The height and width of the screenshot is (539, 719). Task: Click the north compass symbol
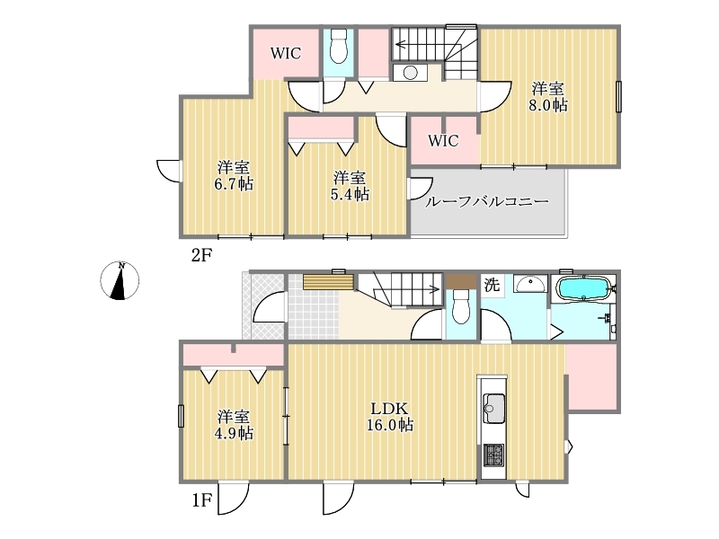point(120,280)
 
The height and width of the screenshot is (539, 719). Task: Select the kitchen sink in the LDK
point(493,408)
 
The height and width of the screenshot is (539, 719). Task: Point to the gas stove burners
point(493,455)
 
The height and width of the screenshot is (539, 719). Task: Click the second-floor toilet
point(339,46)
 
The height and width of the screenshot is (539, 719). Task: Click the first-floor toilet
point(461,306)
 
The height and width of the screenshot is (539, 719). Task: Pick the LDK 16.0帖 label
point(389,417)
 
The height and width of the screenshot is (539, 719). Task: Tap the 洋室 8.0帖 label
point(548,97)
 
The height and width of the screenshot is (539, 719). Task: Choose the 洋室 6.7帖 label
point(234,175)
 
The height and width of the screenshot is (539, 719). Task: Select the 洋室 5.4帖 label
point(350,186)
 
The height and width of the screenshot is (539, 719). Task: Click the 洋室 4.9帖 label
point(234,425)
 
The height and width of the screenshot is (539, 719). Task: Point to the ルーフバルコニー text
point(486,201)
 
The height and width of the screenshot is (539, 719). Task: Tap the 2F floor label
point(201,255)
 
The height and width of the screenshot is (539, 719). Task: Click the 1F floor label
point(201,500)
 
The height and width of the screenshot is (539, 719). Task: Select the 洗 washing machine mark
point(492,285)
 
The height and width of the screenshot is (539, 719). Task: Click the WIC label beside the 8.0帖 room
point(443,140)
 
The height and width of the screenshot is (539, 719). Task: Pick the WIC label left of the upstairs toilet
point(286,53)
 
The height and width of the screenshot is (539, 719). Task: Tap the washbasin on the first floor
point(530,284)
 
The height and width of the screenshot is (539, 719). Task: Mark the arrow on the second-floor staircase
point(421,44)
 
